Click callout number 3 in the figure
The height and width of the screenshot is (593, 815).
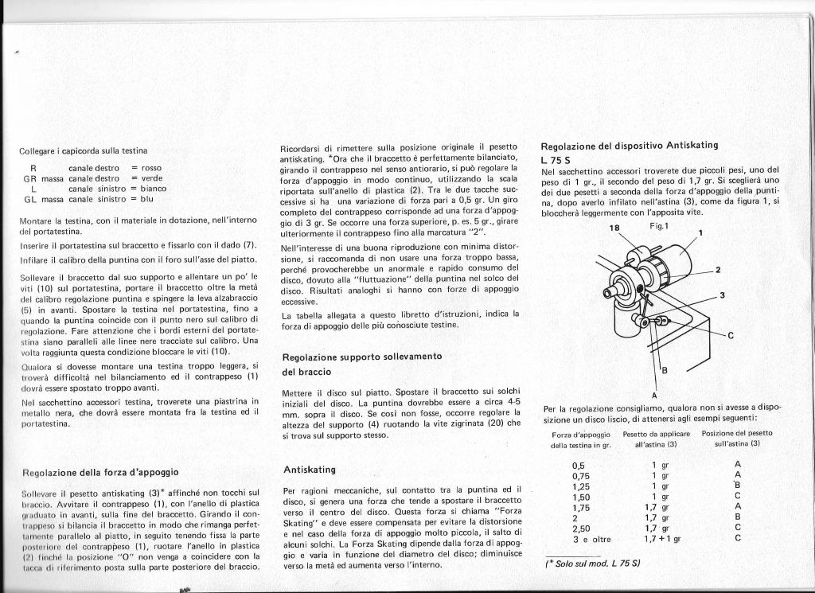pyautogui.click(x=721, y=295)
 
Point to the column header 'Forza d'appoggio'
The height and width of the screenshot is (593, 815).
pyautogui.click(x=579, y=434)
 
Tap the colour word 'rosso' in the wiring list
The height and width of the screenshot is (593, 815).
pyautogui.click(x=151, y=169)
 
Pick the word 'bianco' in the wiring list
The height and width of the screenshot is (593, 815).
pyautogui.click(x=153, y=189)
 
